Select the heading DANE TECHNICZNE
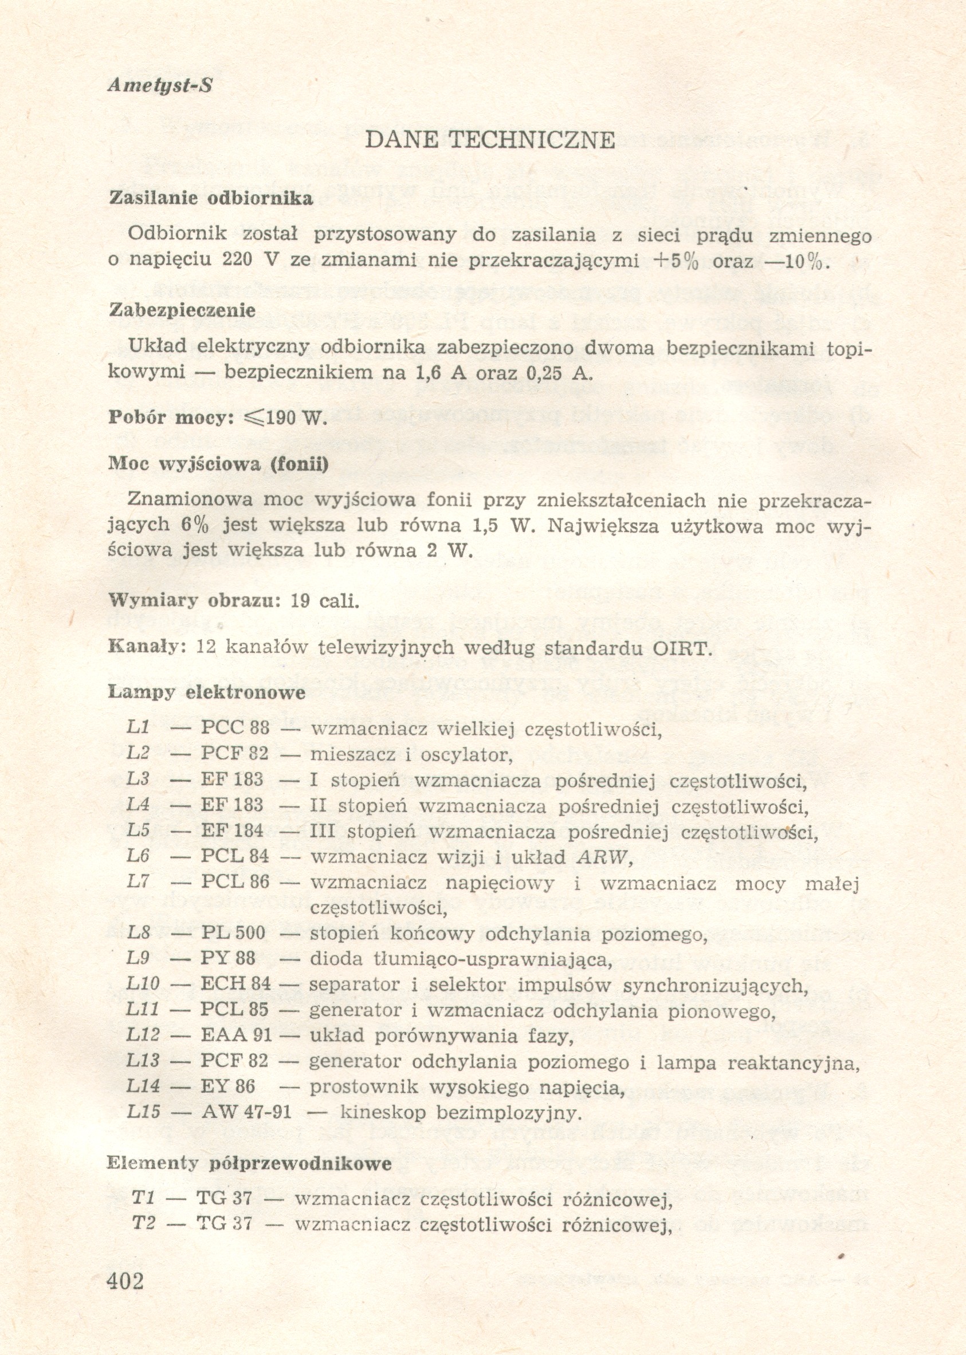pyautogui.click(x=489, y=140)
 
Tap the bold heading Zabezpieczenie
pyautogui.click(x=183, y=310)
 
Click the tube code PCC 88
pyautogui.click(x=235, y=728)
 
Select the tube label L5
pyautogui.click(x=138, y=830)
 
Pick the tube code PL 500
pyautogui.click(x=233, y=932)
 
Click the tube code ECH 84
pyautogui.click(x=236, y=984)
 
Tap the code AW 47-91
pyautogui.click(x=247, y=1112)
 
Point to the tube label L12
pyautogui.click(x=143, y=1035)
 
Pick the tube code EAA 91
pyautogui.click(x=236, y=1035)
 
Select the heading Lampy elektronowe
pyautogui.click(x=206, y=692)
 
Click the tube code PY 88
pyautogui.click(x=229, y=958)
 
